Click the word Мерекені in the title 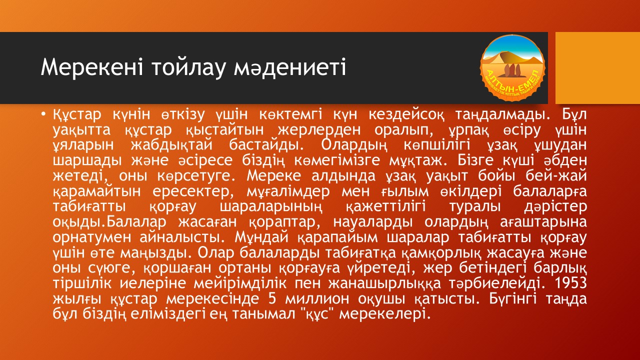click(91, 67)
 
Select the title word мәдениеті click(290, 68)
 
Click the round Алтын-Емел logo click(513, 68)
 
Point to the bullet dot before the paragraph click(43, 114)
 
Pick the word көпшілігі click(437, 145)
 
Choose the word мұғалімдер click(288, 191)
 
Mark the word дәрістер click(555, 206)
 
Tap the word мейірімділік click(240, 283)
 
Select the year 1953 click(570, 283)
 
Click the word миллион click(317, 298)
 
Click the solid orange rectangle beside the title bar click(597, 68)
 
